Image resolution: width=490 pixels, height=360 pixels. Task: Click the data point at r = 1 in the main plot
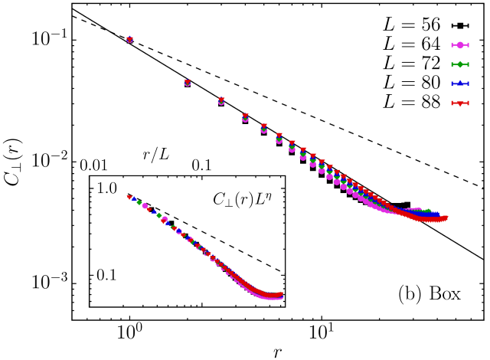click(x=129, y=40)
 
